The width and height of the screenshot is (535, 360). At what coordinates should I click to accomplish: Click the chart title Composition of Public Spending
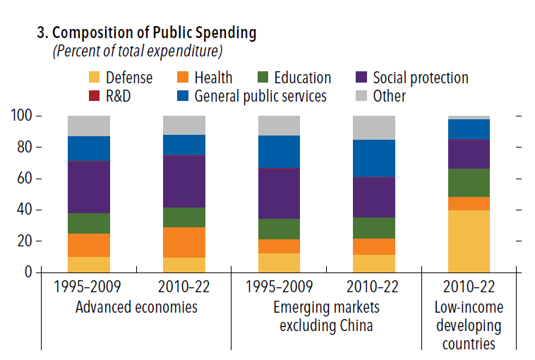[x=146, y=32]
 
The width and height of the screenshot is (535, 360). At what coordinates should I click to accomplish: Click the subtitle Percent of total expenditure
[x=138, y=51]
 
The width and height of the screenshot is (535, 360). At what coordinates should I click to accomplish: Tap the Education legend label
[x=302, y=78]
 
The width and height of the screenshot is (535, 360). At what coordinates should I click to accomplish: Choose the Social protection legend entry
[x=420, y=78]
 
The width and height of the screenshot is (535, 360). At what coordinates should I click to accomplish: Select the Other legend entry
[x=389, y=95]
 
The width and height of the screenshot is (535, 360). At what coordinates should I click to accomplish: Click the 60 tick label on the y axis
[x=25, y=179]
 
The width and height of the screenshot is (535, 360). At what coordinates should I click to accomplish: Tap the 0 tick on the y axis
[x=28, y=272]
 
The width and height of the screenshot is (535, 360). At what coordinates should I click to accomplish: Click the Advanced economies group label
[x=137, y=308]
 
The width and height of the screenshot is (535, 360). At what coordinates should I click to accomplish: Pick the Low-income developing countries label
[x=469, y=325]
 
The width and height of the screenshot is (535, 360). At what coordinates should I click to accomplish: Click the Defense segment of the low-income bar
[x=469, y=241]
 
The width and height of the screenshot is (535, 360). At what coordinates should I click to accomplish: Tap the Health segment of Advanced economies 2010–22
[x=184, y=242]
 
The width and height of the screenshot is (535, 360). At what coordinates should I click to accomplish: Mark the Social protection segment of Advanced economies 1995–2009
[x=89, y=187]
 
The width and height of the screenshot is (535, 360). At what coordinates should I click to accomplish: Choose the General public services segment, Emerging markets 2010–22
[x=374, y=159]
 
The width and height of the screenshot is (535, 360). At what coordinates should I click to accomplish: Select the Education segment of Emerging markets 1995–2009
[x=279, y=229]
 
